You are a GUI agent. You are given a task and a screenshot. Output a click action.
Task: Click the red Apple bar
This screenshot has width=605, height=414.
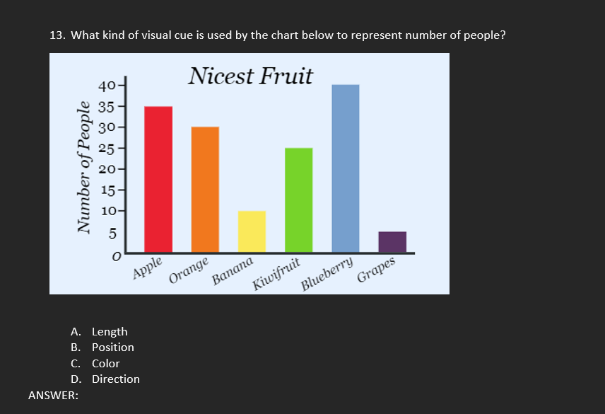[x=158, y=178]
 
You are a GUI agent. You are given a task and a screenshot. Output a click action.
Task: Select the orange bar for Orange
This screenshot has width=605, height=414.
[x=205, y=189]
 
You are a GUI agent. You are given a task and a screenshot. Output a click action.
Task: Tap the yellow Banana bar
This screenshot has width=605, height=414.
[x=252, y=231]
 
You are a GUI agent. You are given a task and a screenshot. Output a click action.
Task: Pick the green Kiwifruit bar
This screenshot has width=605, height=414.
[x=298, y=200]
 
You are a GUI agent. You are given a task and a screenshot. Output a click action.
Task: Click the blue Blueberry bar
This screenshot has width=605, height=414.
[x=345, y=168]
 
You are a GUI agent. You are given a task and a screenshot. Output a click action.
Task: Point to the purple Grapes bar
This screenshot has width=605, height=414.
[x=392, y=241]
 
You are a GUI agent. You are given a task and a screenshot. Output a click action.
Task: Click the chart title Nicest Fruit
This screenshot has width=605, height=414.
[x=250, y=76]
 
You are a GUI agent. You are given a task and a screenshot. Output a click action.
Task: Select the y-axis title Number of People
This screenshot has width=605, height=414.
[x=85, y=167]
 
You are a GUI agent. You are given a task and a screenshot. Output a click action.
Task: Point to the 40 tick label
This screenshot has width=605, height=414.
[x=107, y=86]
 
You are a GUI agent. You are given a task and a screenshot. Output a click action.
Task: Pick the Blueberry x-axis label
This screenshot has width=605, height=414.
[x=327, y=275]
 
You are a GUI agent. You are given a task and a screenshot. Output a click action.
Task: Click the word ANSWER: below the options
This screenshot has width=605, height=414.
[x=53, y=396]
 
